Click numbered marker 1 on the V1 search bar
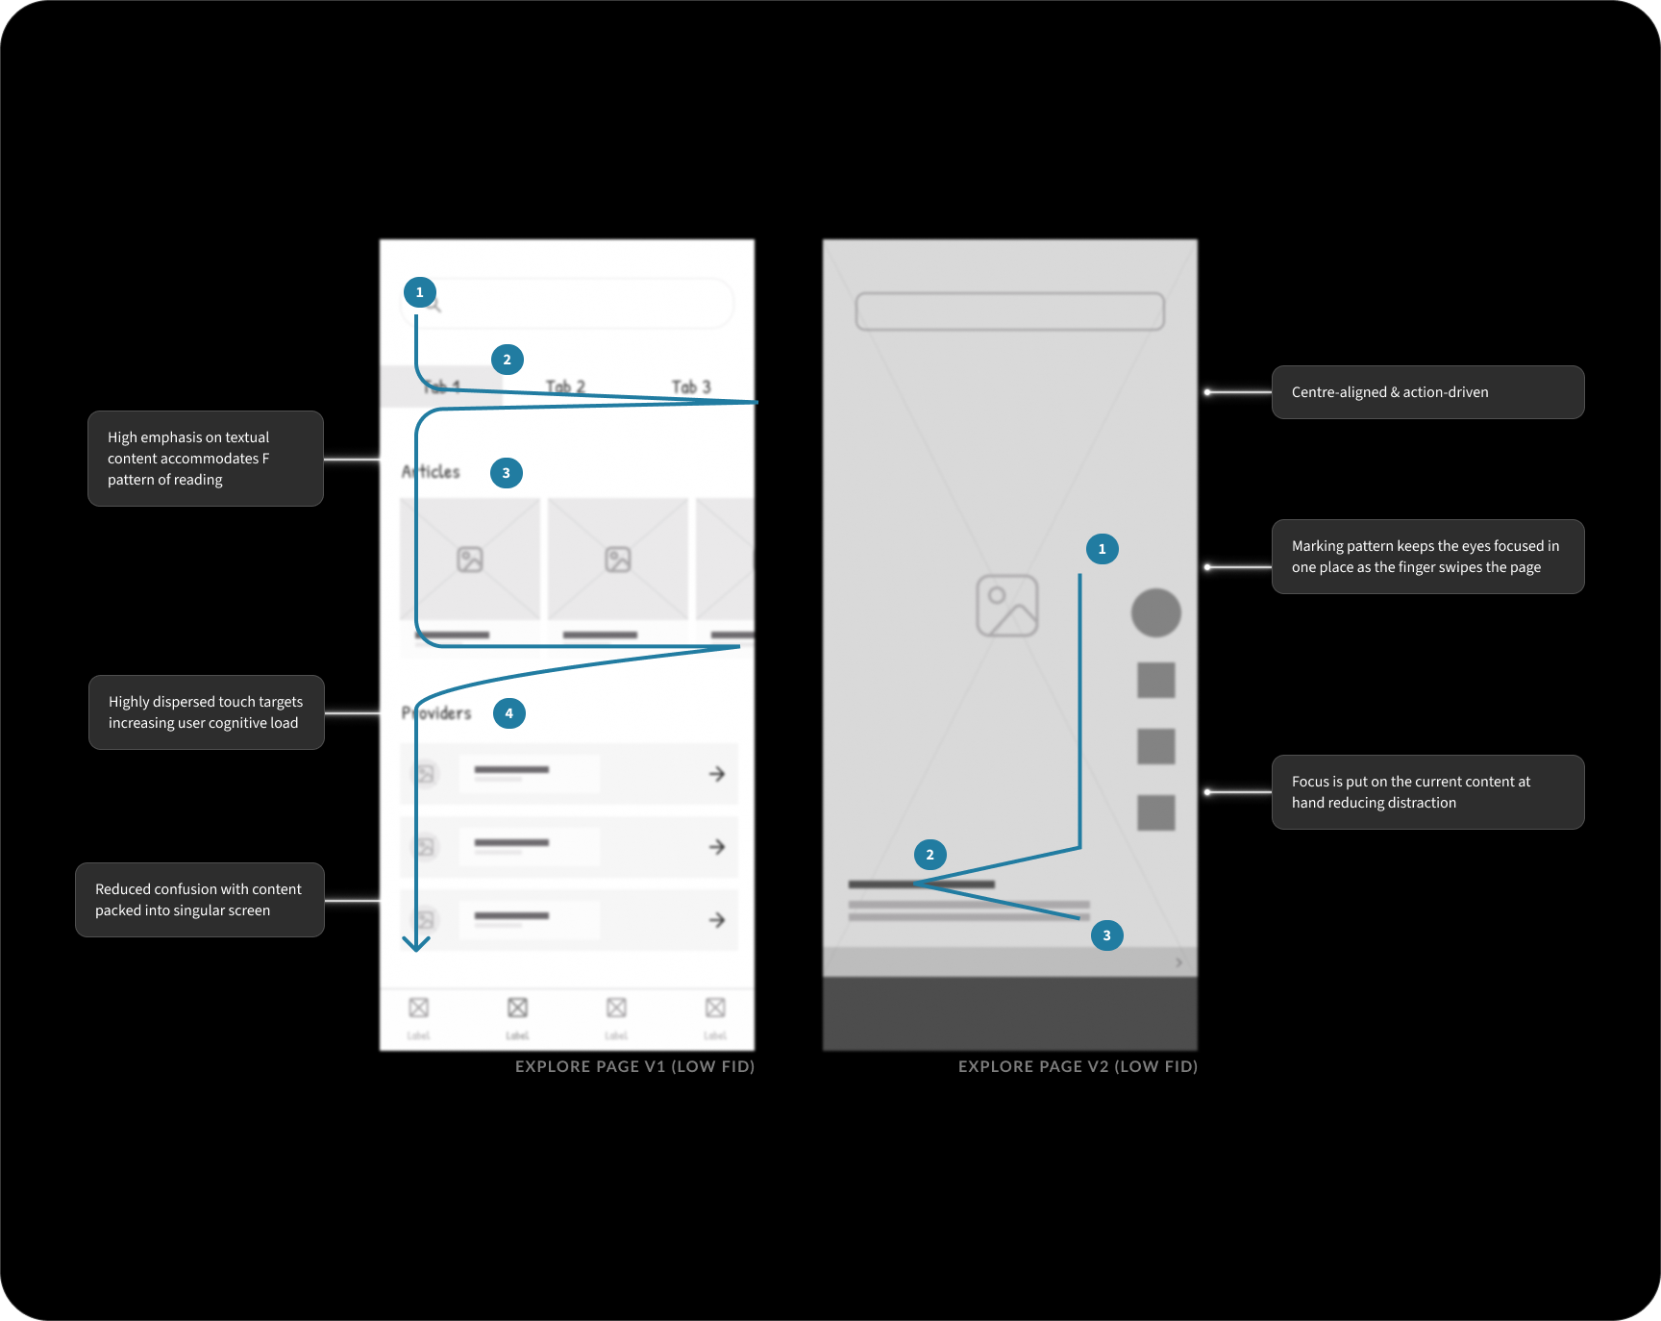[419, 292]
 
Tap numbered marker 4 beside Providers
[508, 713]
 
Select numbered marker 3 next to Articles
[507, 473]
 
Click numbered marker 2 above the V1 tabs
[508, 360]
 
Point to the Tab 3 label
[691, 386]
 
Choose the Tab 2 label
[565, 386]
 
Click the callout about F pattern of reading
[206, 459]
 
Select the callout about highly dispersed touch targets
[207, 712]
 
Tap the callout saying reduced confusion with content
[200, 900]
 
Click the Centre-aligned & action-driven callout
[1427, 392]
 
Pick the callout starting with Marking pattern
[1427, 557]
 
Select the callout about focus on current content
[1427, 792]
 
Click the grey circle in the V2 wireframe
[1155, 612]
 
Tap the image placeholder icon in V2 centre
[1007, 606]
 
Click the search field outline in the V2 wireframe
[1009, 312]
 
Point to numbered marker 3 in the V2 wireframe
[1106, 935]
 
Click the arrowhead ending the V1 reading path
[416, 944]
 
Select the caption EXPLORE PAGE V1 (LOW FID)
[634, 1066]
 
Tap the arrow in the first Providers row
[717, 774]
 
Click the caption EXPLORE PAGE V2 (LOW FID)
[1078, 1066]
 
